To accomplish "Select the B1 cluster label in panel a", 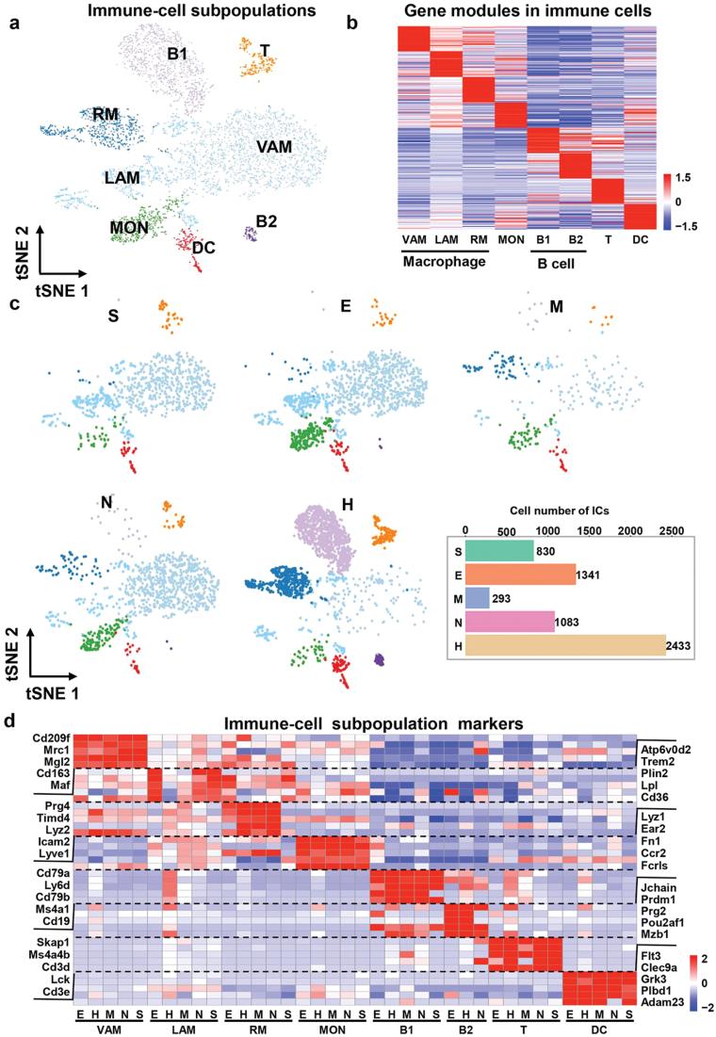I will pyautogui.click(x=178, y=54).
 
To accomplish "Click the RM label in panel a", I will pyautogui.click(x=106, y=115).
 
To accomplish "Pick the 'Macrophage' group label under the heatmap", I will pyautogui.click(x=440, y=261).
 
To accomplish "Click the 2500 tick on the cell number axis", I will pyautogui.click(x=672, y=531).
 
